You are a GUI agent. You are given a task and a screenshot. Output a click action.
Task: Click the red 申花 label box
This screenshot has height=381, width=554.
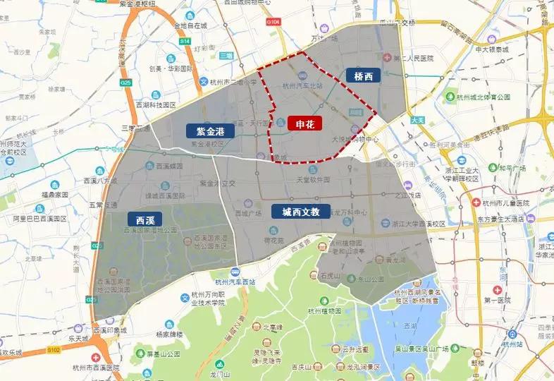tap(304, 123)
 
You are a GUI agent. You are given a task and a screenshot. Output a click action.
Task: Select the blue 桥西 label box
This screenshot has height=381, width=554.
tap(364, 75)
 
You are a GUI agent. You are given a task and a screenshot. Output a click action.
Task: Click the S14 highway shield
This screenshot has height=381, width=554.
tap(185, 42)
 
